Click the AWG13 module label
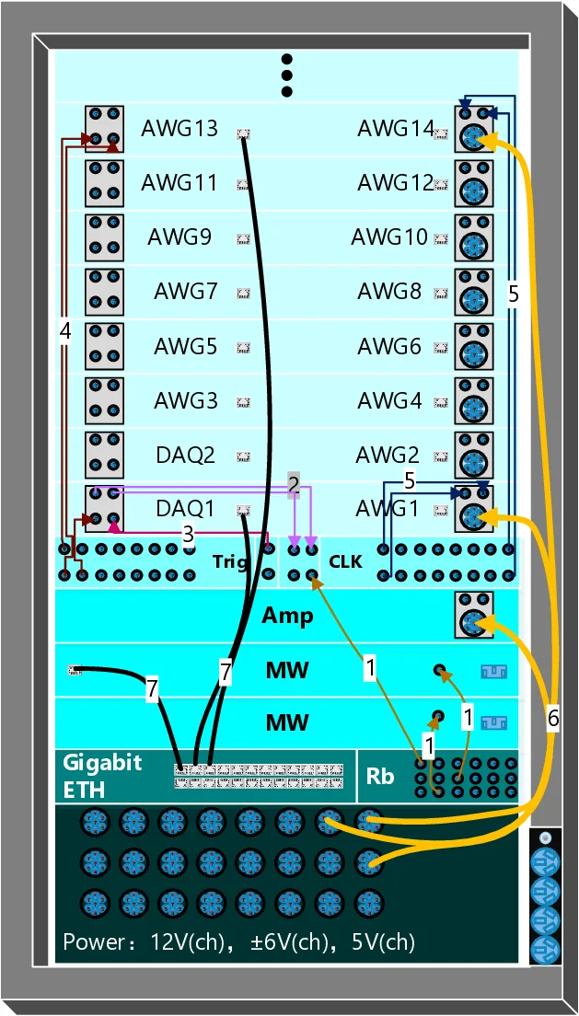tap(179, 128)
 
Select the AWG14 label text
tap(396, 128)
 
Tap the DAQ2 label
tap(185, 455)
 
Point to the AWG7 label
tap(185, 292)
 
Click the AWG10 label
tap(389, 237)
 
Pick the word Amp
tap(287, 615)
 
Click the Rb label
tap(380, 777)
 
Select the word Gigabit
tap(102, 762)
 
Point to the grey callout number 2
tap(293, 484)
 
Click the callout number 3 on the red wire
tap(188, 533)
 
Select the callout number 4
tap(64, 330)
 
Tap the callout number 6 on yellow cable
tap(552, 719)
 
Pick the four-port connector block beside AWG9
tap(105, 237)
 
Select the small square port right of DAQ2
tap(244, 456)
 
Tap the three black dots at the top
tap(286, 75)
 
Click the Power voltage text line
tap(238, 942)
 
